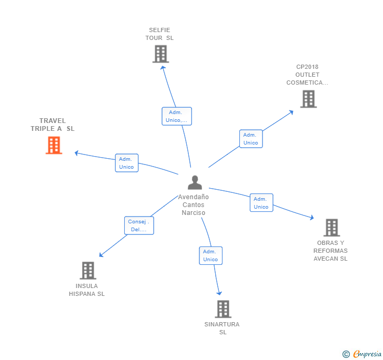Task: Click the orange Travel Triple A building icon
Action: tap(54, 145)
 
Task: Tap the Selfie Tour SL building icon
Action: tap(160, 54)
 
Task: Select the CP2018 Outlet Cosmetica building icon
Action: tap(308, 99)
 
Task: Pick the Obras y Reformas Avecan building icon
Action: tap(331, 228)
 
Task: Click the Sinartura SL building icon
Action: tap(223, 309)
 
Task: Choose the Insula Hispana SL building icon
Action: tap(88, 270)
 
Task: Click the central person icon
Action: tap(195, 182)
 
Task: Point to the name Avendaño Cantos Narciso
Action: tap(194, 205)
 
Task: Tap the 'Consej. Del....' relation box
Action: tap(139, 225)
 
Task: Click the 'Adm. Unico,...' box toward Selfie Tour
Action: tap(177, 116)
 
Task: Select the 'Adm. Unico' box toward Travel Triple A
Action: tap(127, 163)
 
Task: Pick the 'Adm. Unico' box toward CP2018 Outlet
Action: tap(251, 139)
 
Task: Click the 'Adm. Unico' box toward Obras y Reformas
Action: tap(261, 203)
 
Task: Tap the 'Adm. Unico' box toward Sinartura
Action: tap(210, 255)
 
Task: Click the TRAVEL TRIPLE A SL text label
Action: tap(53, 125)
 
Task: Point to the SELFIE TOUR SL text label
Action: tap(159, 34)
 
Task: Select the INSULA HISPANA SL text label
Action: tap(87, 290)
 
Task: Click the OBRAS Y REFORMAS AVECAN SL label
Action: tap(331, 251)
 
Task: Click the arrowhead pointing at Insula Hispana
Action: tap(101, 255)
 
